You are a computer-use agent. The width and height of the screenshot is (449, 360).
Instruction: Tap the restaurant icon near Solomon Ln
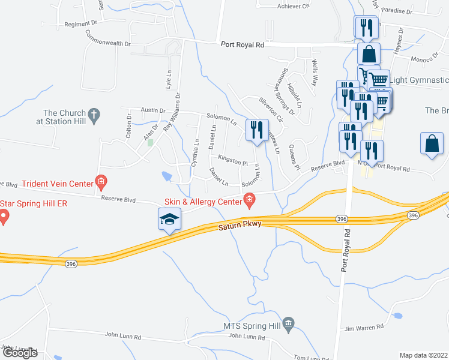pos(256,130)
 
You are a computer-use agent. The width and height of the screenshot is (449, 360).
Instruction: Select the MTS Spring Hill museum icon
pos(289,325)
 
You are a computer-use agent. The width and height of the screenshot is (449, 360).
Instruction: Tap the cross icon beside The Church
pos(94,113)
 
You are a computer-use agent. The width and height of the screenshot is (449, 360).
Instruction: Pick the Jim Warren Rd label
pos(364,328)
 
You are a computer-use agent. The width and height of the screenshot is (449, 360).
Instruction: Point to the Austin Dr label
pos(152,110)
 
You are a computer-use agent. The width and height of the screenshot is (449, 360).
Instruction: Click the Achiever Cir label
pos(293,7)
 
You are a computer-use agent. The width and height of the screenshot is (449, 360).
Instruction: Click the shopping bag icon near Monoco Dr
pos(369,54)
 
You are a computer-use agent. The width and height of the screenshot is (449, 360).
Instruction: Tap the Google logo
pos(19,353)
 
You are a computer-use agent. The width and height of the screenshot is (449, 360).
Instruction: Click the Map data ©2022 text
pos(424,355)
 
